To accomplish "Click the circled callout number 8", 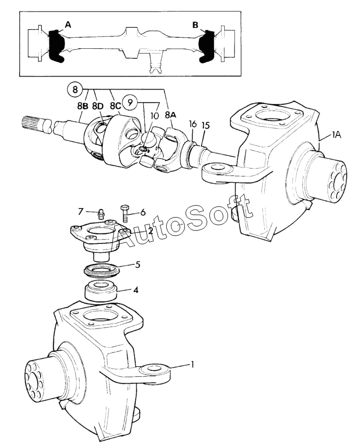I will click(x=74, y=88).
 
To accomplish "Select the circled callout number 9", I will click(x=129, y=102).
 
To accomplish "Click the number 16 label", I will click(x=193, y=124).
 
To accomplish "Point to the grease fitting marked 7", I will click(x=101, y=213).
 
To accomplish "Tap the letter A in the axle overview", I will click(x=68, y=25).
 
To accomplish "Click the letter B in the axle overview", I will click(x=195, y=25).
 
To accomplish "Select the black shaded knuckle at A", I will click(x=56, y=46).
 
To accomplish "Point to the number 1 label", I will click(x=192, y=364).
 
